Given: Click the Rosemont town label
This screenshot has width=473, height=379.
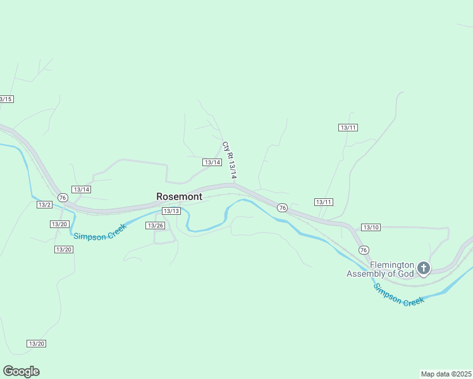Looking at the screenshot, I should [180, 196].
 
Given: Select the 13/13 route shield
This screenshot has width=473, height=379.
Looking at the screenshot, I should [171, 211].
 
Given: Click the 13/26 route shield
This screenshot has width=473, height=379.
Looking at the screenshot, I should [155, 226].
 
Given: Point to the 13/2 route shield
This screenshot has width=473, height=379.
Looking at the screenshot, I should [44, 205].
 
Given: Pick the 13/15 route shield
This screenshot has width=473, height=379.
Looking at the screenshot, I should [6, 99].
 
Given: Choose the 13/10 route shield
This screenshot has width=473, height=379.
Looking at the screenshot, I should [371, 227].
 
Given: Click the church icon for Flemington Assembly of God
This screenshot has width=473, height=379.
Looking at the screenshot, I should [424, 269].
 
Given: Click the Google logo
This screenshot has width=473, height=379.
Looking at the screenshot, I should [21, 371].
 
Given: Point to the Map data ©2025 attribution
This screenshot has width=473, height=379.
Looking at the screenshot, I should [446, 374].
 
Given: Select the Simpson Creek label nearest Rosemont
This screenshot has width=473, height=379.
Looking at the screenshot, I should [100, 232].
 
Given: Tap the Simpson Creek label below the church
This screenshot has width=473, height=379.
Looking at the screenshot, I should [398, 295].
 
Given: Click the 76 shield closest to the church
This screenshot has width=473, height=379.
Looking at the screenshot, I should [364, 250].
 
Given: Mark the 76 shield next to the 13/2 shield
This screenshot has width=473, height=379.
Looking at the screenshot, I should [62, 198].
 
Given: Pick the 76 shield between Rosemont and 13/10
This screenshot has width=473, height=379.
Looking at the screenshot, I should [282, 208].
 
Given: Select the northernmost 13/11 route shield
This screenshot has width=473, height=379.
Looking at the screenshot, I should [348, 128].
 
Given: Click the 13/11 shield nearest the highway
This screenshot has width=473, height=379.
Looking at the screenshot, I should [323, 202].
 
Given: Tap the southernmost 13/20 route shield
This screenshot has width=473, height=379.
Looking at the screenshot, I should [37, 344].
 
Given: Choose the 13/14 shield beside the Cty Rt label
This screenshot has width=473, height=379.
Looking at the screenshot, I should [212, 162].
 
